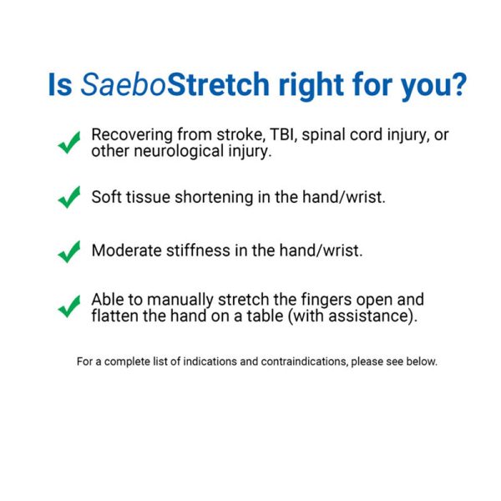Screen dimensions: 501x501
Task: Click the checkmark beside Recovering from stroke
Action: click(x=69, y=143)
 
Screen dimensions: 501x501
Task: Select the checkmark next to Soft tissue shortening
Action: click(x=69, y=197)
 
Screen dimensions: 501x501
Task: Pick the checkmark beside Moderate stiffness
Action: click(x=69, y=252)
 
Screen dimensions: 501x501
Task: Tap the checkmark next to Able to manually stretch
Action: click(x=69, y=306)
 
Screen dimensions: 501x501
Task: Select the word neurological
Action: click(x=179, y=151)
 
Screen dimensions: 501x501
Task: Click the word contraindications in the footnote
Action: click(x=304, y=362)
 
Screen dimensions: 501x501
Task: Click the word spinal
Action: click(x=323, y=135)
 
